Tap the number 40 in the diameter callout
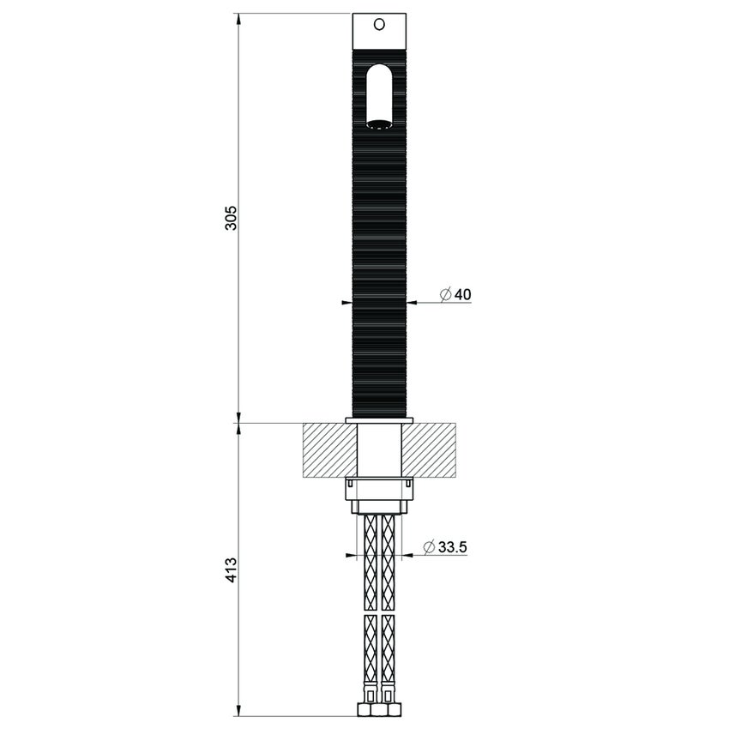[x=462, y=295]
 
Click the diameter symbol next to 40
[x=445, y=295]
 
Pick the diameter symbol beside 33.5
[x=429, y=546]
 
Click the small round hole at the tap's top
[x=378, y=25]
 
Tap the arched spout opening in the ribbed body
[x=378, y=96]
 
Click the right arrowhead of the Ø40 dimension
[x=411, y=303]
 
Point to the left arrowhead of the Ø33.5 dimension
[x=350, y=556]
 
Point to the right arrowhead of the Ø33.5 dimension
[x=407, y=556]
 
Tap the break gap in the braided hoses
[x=378, y=612]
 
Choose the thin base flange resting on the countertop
[x=378, y=420]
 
